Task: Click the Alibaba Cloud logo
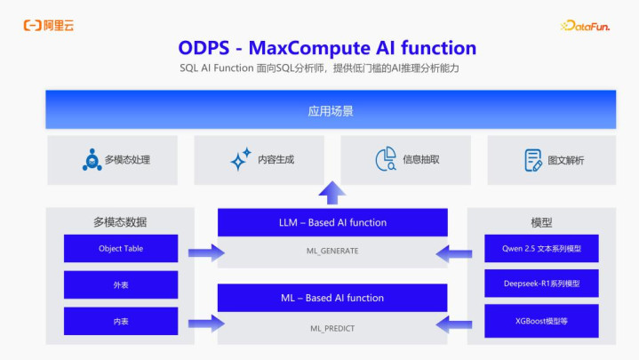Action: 49,26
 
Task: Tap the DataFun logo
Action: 585,26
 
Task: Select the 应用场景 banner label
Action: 331,111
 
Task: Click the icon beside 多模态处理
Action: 92,159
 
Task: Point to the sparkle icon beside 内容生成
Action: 241,159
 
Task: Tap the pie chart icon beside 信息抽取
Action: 386,159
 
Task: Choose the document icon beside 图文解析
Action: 533,160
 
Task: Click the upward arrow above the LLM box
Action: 332,192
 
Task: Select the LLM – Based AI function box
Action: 332,222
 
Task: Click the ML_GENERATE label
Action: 332,251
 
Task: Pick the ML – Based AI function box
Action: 332,298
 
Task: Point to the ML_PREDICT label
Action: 332,328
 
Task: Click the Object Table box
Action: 121,248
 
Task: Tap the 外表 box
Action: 121,284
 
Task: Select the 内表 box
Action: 121,321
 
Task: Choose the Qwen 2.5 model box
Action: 541,248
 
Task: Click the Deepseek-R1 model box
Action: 541,284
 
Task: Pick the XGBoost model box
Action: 541,321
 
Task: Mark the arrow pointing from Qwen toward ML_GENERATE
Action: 453,253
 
